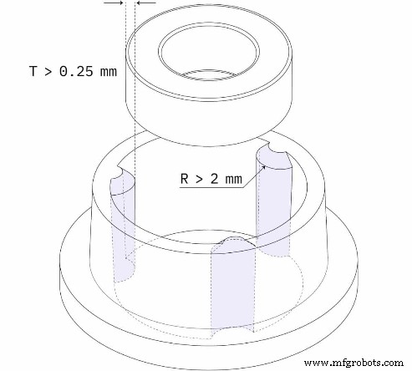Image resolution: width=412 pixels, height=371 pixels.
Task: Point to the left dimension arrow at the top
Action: [x=112, y=3]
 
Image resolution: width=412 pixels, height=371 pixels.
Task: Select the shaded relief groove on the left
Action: [x=122, y=226]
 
